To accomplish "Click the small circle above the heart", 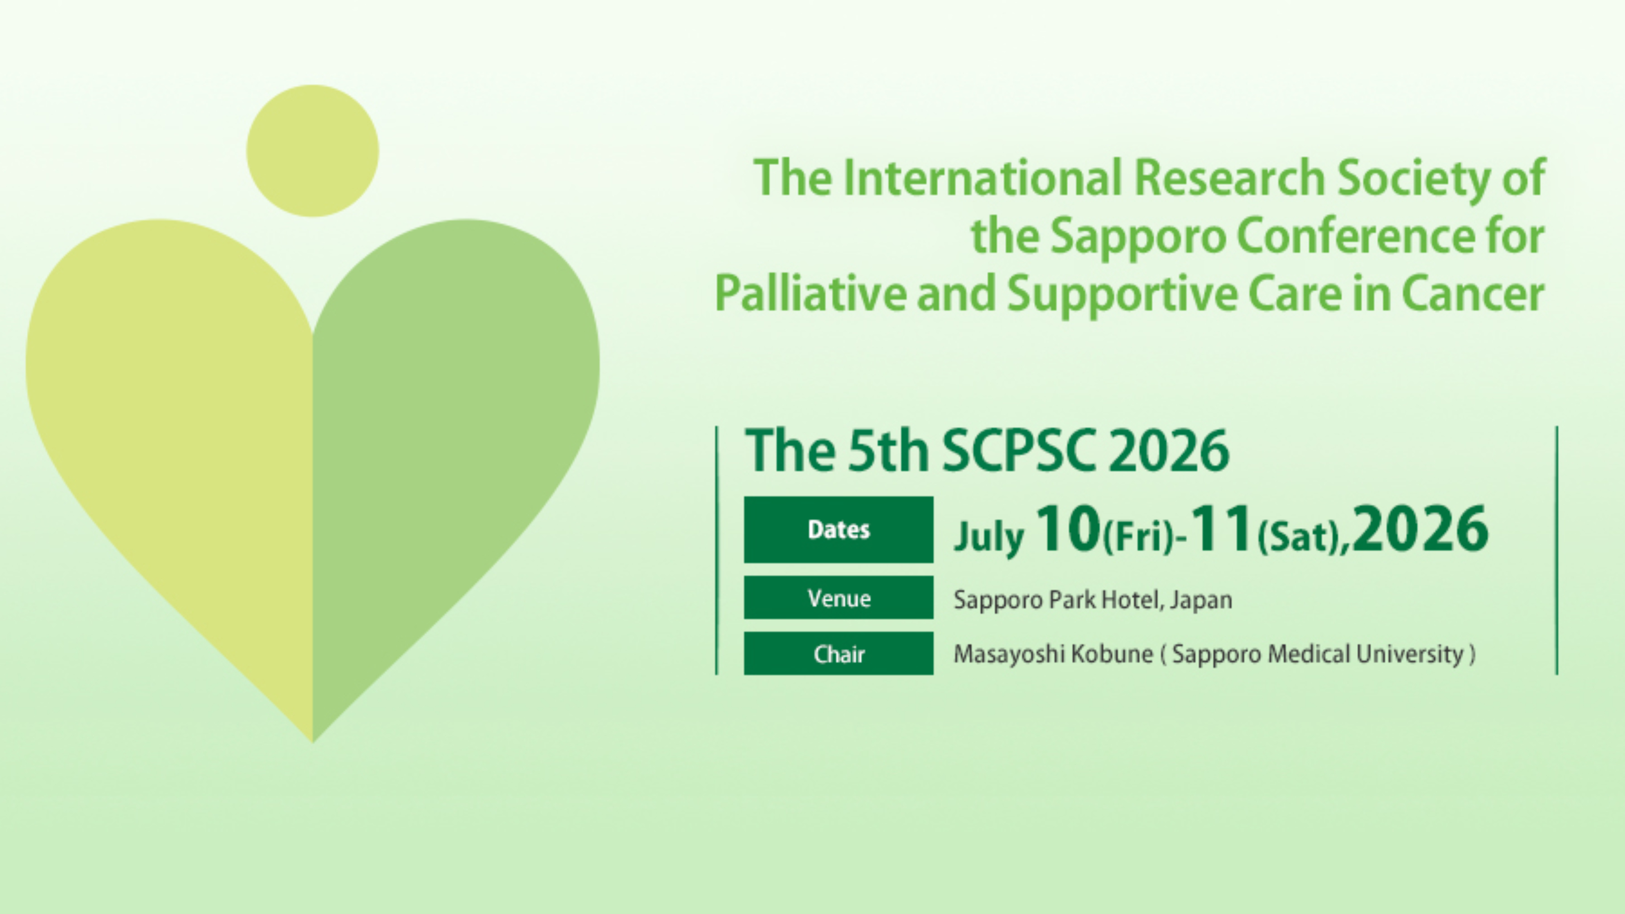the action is (x=312, y=151).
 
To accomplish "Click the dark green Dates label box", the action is (x=838, y=529).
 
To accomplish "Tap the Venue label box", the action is (x=838, y=597).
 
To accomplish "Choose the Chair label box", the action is (x=838, y=654).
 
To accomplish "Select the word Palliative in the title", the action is (x=810, y=293).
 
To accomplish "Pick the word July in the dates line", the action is (x=989, y=537).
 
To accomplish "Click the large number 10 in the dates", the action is (x=1068, y=529).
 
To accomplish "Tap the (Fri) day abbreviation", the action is (x=1137, y=539).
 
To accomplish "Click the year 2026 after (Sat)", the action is (x=1420, y=529).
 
